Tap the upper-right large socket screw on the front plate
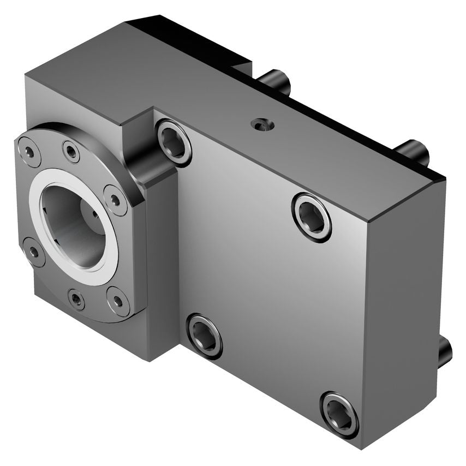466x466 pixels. pos(312,216)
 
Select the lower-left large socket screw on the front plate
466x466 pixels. pos(205,336)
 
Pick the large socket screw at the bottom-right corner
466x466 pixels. pos(339,414)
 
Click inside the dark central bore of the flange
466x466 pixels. pos(76,224)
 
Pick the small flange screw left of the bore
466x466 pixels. pos(34,252)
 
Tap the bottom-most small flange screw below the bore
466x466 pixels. pos(76,298)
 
